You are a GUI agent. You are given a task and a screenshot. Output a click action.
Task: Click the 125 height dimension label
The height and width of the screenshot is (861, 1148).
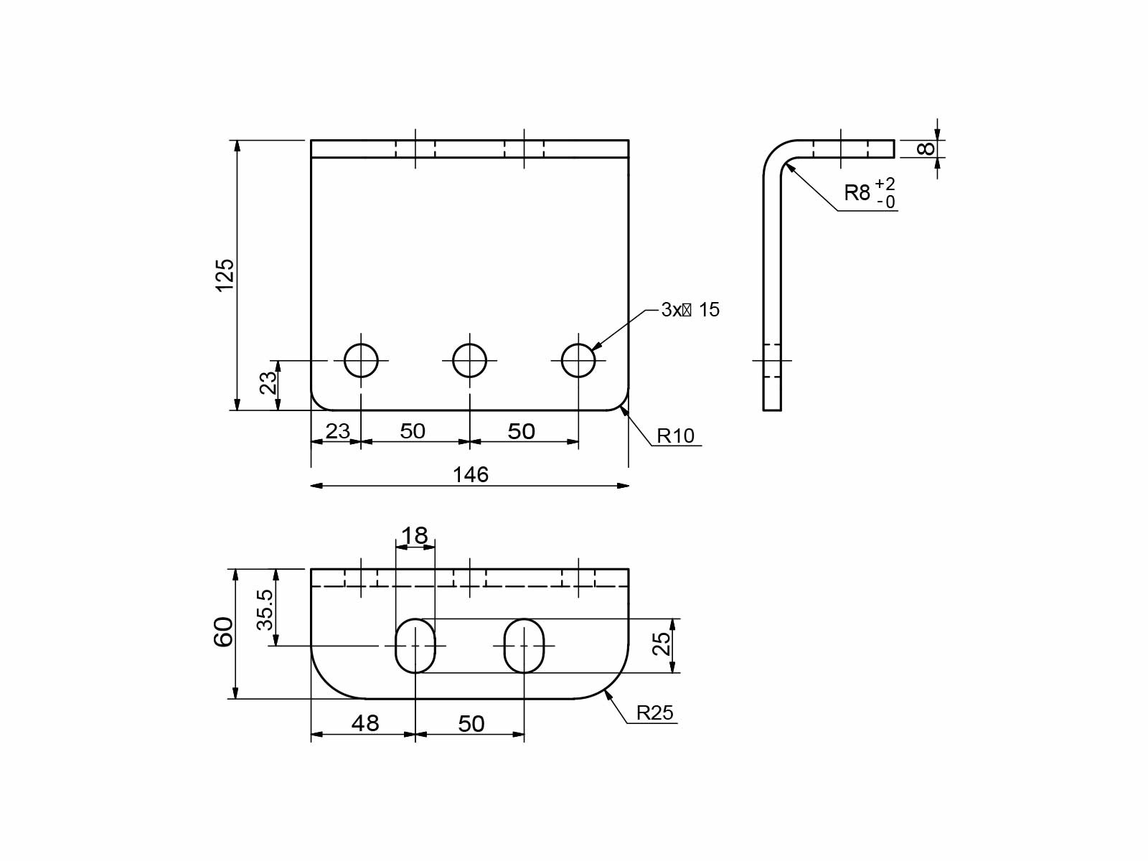[225, 275]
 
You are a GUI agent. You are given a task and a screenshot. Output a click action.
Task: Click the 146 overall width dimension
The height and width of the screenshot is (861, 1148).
[470, 475]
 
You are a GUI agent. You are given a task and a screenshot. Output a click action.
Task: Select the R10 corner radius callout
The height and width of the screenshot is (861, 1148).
[675, 436]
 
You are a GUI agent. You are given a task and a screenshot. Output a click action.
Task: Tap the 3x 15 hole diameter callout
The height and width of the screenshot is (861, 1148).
[690, 310]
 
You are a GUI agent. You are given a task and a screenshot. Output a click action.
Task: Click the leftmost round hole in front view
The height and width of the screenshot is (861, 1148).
[361, 360]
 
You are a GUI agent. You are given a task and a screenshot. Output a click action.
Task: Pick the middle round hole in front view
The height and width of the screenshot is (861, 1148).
[469, 360]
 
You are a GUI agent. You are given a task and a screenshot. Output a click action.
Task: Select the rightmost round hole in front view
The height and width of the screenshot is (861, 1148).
[578, 360]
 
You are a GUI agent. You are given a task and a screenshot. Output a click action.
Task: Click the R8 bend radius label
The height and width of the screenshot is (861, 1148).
[857, 192]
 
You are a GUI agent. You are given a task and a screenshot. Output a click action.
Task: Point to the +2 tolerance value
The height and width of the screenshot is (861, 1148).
[885, 184]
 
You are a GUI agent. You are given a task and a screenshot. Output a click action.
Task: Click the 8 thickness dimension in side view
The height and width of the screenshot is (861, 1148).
[926, 149]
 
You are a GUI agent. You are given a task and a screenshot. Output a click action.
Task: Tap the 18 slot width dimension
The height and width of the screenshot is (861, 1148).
[414, 535]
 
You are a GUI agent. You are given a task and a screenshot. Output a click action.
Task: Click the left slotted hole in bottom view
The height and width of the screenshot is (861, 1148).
[415, 646]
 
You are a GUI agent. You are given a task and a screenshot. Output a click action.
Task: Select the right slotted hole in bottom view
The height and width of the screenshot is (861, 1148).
[524, 646]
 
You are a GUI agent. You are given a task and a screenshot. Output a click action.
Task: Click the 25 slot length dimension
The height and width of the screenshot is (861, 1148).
[662, 644]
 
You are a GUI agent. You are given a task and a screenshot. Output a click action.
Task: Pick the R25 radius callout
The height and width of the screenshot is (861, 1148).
[654, 712]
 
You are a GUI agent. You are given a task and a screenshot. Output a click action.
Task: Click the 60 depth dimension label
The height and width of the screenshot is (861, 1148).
[223, 632]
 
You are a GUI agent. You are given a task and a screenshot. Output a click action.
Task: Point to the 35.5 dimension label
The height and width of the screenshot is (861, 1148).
[265, 609]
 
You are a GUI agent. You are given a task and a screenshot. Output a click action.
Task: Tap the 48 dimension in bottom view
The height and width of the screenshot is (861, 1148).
[364, 723]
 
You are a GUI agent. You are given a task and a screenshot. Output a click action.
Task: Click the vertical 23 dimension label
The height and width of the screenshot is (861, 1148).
[268, 382]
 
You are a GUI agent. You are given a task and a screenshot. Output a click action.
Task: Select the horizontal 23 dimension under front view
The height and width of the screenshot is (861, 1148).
[337, 431]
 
